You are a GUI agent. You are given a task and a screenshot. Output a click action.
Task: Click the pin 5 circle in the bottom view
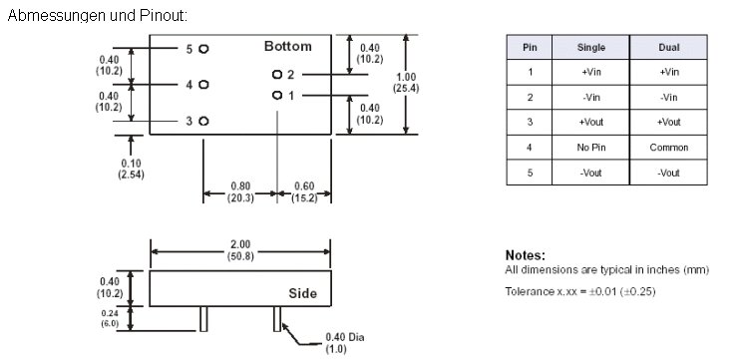point(203,49)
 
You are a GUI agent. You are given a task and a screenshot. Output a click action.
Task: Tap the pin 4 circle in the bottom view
point(203,85)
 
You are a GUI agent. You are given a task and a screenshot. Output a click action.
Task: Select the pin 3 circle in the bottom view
point(203,122)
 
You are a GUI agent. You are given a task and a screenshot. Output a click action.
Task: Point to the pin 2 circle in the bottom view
point(277,75)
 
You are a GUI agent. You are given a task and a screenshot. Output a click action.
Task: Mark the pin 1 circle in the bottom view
point(277,96)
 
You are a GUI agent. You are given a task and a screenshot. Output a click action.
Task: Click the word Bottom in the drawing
point(288,47)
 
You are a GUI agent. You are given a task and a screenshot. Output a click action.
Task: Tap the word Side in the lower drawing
point(303,293)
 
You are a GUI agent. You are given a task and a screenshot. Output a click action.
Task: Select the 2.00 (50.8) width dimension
point(240,250)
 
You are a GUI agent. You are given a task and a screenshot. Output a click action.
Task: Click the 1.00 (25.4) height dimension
point(406,83)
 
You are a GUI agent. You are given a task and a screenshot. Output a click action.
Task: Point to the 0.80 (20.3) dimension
point(240,191)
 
